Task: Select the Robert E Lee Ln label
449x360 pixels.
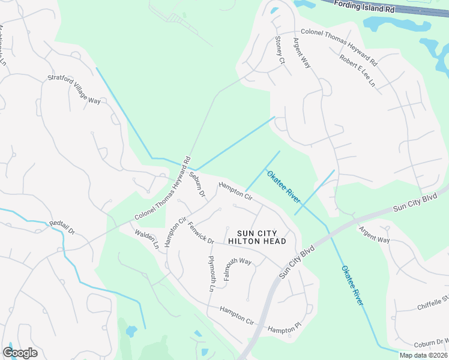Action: [357, 71]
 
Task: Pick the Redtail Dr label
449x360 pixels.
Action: [61, 227]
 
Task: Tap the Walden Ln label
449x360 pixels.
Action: [146, 239]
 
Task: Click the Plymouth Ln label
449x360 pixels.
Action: [211, 274]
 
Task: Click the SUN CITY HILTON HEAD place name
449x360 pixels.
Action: [257, 237]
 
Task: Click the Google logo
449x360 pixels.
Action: [20, 353]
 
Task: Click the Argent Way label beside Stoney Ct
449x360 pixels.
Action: [301, 52]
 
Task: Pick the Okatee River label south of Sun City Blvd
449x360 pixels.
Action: [352, 286]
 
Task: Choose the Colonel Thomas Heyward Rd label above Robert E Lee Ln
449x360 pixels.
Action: [339, 47]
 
